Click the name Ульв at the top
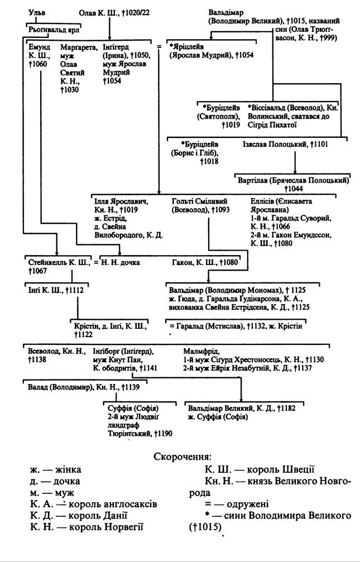[x=37, y=13]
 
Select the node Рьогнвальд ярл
[x=54, y=30]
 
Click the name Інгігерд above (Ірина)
[x=116, y=47]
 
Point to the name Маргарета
[x=79, y=47]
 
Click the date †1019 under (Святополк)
[x=231, y=124]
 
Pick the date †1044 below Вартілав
[x=294, y=189]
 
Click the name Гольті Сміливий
[x=199, y=201]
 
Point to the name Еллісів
[x=263, y=201]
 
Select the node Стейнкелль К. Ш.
[x=58, y=263]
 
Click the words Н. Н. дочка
[x=121, y=263]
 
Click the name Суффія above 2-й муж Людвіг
[x=120, y=408]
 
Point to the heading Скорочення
[x=182, y=457]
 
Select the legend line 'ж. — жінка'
[x=56, y=469]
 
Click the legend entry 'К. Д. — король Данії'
[x=79, y=516]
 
